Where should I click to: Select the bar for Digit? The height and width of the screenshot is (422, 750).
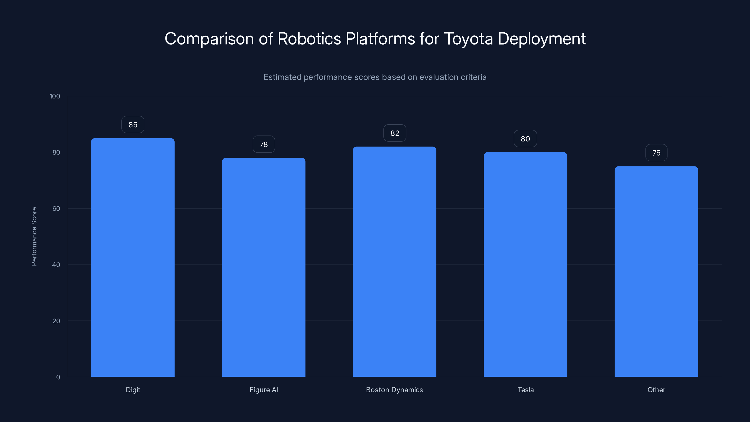(x=133, y=257)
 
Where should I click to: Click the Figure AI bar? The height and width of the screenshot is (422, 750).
(x=263, y=267)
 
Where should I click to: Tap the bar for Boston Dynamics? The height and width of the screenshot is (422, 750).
(x=394, y=262)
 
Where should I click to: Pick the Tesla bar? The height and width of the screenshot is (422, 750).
(x=525, y=264)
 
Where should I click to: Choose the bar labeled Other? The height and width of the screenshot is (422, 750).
(x=656, y=271)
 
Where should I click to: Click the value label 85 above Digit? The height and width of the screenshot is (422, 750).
(x=133, y=125)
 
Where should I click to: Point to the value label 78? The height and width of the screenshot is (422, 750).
(x=263, y=144)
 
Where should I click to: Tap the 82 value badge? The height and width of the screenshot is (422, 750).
(x=394, y=133)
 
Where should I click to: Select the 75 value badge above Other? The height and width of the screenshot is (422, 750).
(x=656, y=153)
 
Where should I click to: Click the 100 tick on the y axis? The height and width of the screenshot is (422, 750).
(x=55, y=96)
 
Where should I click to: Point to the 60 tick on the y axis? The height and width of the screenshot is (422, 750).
(x=56, y=208)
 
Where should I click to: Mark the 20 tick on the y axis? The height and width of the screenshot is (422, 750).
(x=56, y=321)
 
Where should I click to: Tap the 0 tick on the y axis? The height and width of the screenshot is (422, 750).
(x=58, y=377)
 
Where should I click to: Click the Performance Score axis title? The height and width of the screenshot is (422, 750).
(x=34, y=237)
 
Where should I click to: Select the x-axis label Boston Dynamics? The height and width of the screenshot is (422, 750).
(x=394, y=390)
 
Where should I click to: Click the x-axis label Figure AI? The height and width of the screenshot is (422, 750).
(x=263, y=390)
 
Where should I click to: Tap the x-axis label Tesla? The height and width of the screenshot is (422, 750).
(x=525, y=390)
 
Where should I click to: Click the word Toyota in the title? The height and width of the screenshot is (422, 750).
(x=468, y=39)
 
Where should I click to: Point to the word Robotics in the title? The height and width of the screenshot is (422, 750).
(x=309, y=39)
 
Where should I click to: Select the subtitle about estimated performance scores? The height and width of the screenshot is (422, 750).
(x=375, y=77)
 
